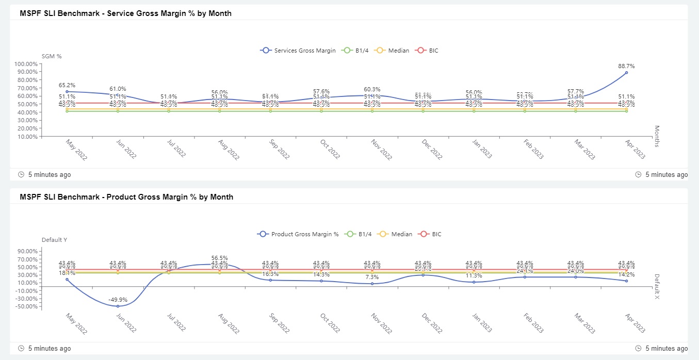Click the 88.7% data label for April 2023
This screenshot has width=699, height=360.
[x=626, y=66]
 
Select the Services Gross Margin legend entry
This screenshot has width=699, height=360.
[x=298, y=51]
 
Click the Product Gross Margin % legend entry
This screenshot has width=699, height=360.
[x=298, y=234]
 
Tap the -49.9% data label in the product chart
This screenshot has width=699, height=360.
[x=118, y=300]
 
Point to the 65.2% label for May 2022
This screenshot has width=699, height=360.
[x=67, y=85]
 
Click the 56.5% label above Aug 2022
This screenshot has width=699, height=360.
[x=219, y=258]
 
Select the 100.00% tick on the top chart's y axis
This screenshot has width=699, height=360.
[x=25, y=64]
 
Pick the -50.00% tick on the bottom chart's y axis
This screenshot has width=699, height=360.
[x=26, y=306]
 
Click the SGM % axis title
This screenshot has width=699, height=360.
[x=52, y=56]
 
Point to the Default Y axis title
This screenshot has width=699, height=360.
[x=54, y=240]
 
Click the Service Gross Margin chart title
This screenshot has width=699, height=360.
[x=125, y=13]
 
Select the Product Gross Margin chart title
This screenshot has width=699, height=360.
[x=126, y=197]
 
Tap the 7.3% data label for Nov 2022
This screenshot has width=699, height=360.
[x=372, y=277]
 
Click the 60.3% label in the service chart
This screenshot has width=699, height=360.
[x=372, y=89]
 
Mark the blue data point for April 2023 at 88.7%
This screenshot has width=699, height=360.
[x=626, y=73]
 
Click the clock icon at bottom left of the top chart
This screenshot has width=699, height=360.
[x=21, y=175]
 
